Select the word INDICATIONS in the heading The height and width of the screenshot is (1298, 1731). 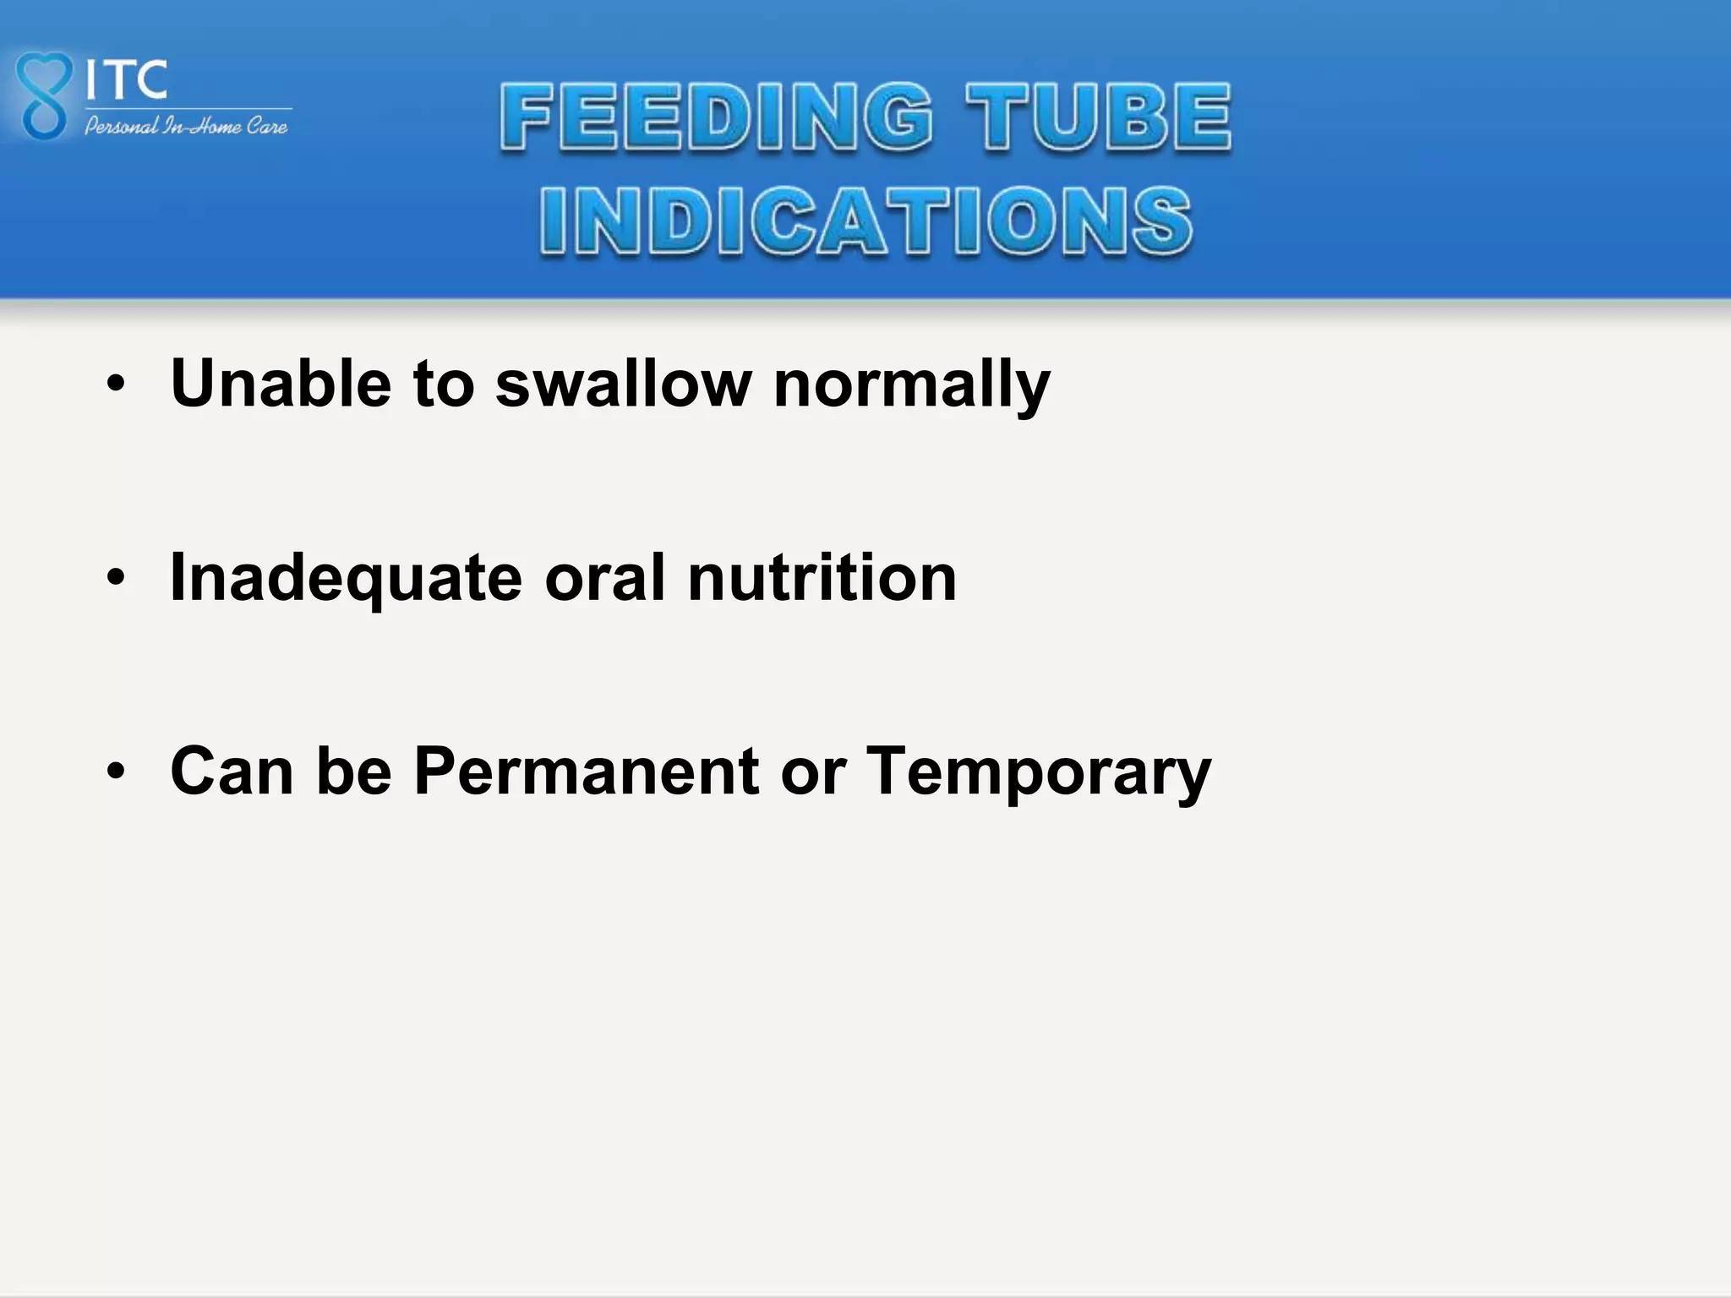click(866, 221)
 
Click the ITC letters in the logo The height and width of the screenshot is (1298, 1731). click(127, 80)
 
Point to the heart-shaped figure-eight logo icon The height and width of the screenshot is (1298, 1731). click(42, 95)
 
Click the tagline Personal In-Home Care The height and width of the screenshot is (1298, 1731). click(186, 127)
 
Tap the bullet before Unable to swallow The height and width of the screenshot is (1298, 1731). click(116, 385)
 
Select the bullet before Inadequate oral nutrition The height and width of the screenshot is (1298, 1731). click(116, 579)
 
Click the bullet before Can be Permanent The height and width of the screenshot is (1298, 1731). click(116, 772)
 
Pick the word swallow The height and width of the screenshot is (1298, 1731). click(623, 384)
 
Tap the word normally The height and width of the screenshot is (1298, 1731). click(911, 385)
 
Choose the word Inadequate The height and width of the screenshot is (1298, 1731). click(346, 579)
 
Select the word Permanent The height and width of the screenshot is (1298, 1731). click(587, 771)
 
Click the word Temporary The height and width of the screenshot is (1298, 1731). click(1040, 772)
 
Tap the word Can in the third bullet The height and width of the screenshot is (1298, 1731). click(232, 771)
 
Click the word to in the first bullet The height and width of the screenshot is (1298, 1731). click(444, 384)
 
